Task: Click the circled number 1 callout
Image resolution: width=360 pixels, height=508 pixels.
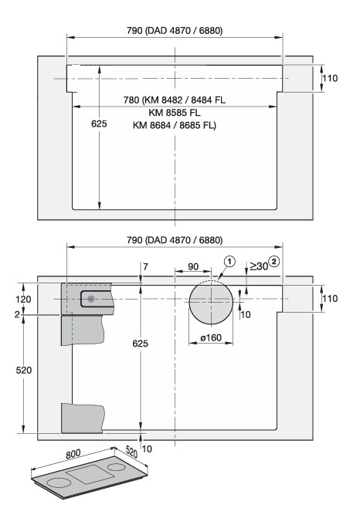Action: click(229, 261)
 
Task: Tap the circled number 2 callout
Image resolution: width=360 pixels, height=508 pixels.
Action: click(274, 262)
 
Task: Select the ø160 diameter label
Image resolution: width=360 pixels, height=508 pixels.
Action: click(211, 337)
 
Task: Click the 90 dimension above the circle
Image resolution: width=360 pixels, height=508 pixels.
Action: click(193, 266)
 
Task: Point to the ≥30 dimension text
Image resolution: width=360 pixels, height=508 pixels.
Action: click(259, 266)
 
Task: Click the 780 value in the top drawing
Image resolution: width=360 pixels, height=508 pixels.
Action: click(131, 100)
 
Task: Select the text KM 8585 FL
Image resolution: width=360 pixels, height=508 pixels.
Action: click(175, 113)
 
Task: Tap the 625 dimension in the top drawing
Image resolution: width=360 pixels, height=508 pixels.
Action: click(99, 124)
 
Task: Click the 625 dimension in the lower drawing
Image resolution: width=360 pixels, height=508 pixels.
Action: click(140, 343)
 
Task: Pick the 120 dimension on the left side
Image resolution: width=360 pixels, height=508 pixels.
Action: click(23, 299)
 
